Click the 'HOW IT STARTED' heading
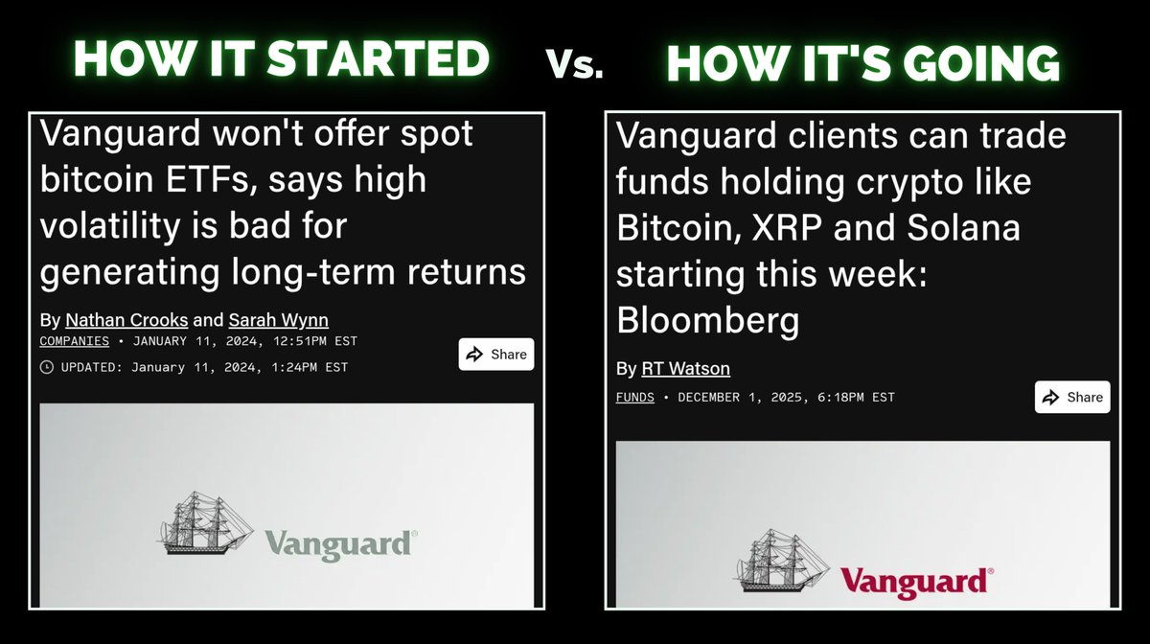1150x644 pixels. (282, 59)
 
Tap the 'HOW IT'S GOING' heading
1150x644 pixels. (862, 63)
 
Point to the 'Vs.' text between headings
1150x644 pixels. (575, 64)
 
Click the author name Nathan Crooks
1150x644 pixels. (126, 320)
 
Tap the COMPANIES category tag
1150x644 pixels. (75, 341)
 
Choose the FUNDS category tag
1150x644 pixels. (634, 397)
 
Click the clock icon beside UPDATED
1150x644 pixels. (47, 367)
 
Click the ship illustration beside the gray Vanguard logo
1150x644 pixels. (204, 524)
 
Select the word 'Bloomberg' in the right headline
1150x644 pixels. (707, 321)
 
